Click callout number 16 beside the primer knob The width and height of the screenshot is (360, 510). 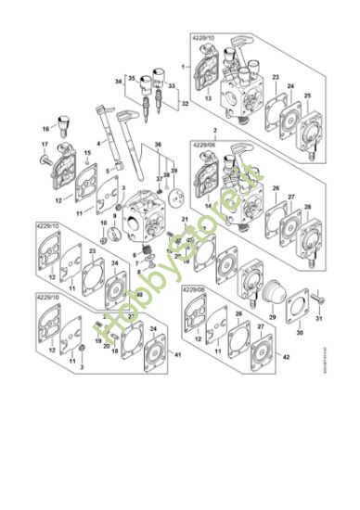click(45, 130)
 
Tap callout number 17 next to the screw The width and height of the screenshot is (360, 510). click(45, 145)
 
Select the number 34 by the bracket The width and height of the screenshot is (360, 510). click(119, 83)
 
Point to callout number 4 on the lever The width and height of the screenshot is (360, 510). click(97, 144)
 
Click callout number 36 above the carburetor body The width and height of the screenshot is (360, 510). click(158, 145)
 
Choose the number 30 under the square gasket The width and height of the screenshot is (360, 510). click(299, 332)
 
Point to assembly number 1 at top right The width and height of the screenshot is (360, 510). click(184, 68)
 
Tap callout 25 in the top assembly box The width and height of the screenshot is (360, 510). click(307, 96)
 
